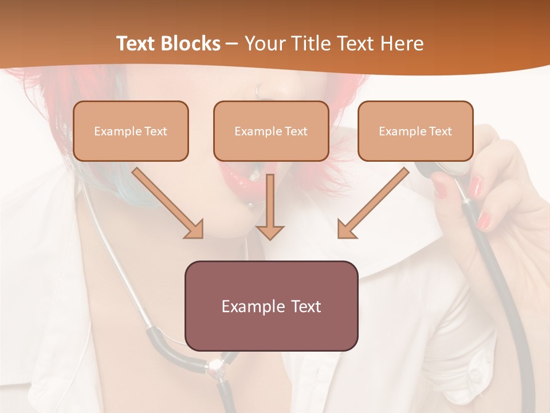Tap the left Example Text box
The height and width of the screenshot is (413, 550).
(x=131, y=131)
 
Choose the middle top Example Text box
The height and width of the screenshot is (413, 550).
(x=271, y=131)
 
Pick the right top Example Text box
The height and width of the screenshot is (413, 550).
(x=415, y=131)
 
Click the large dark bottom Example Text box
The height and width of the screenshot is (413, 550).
(x=271, y=306)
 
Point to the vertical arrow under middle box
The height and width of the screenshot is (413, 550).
(x=270, y=206)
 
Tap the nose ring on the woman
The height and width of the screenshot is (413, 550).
(x=259, y=91)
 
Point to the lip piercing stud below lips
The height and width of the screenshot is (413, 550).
(x=250, y=205)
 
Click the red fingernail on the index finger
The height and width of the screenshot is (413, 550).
(x=476, y=185)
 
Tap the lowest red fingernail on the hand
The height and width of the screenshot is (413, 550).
(x=484, y=220)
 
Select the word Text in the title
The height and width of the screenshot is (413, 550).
(x=137, y=44)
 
